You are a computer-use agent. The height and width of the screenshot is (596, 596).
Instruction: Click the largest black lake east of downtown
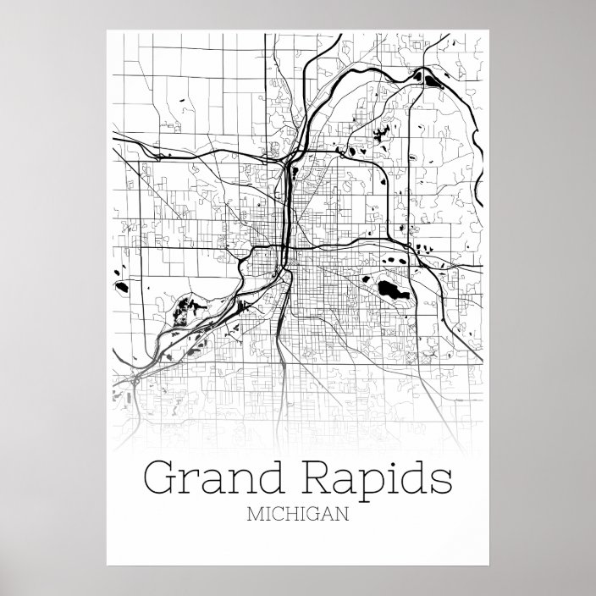[390, 292]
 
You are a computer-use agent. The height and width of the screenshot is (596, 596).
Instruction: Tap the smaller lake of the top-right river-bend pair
[418, 74]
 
